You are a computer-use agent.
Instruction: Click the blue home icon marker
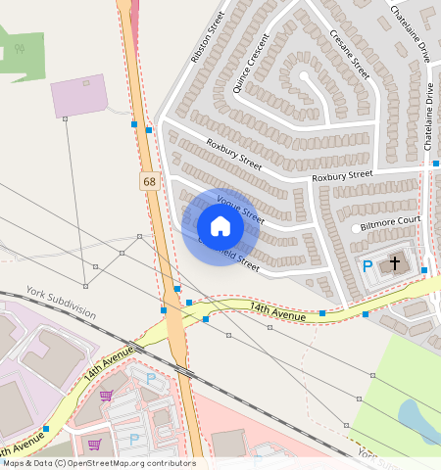pyautogui.click(x=220, y=226)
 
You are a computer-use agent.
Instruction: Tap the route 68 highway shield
pyautogui.click(x=148, y=182)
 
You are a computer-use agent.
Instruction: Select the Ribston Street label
pyautogui.click(x=207, y=38)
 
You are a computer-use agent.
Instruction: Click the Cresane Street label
pyautogui.click(x=348, y=55)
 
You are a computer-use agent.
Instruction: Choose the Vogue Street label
pyautogui.click(x=240, y=208)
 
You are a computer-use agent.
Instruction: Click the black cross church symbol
pyautogui.click(x=396, y=263)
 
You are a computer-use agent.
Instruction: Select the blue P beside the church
pyautogui.click(x=368, y=265)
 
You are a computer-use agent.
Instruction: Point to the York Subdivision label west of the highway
pyautogui.click(x=61, y=303)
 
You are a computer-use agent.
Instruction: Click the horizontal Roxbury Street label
pyautogui.click(x=342, y=176)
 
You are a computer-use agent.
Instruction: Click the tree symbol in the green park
pyautogui.click(x=19, y=47)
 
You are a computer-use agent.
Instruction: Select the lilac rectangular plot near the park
pyautogui.click(x=79, y=95)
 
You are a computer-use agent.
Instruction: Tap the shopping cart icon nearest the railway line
pyautogui.click(x=106, y=395)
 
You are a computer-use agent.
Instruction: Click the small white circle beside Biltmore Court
pyautogui.click(x=354, y=229)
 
